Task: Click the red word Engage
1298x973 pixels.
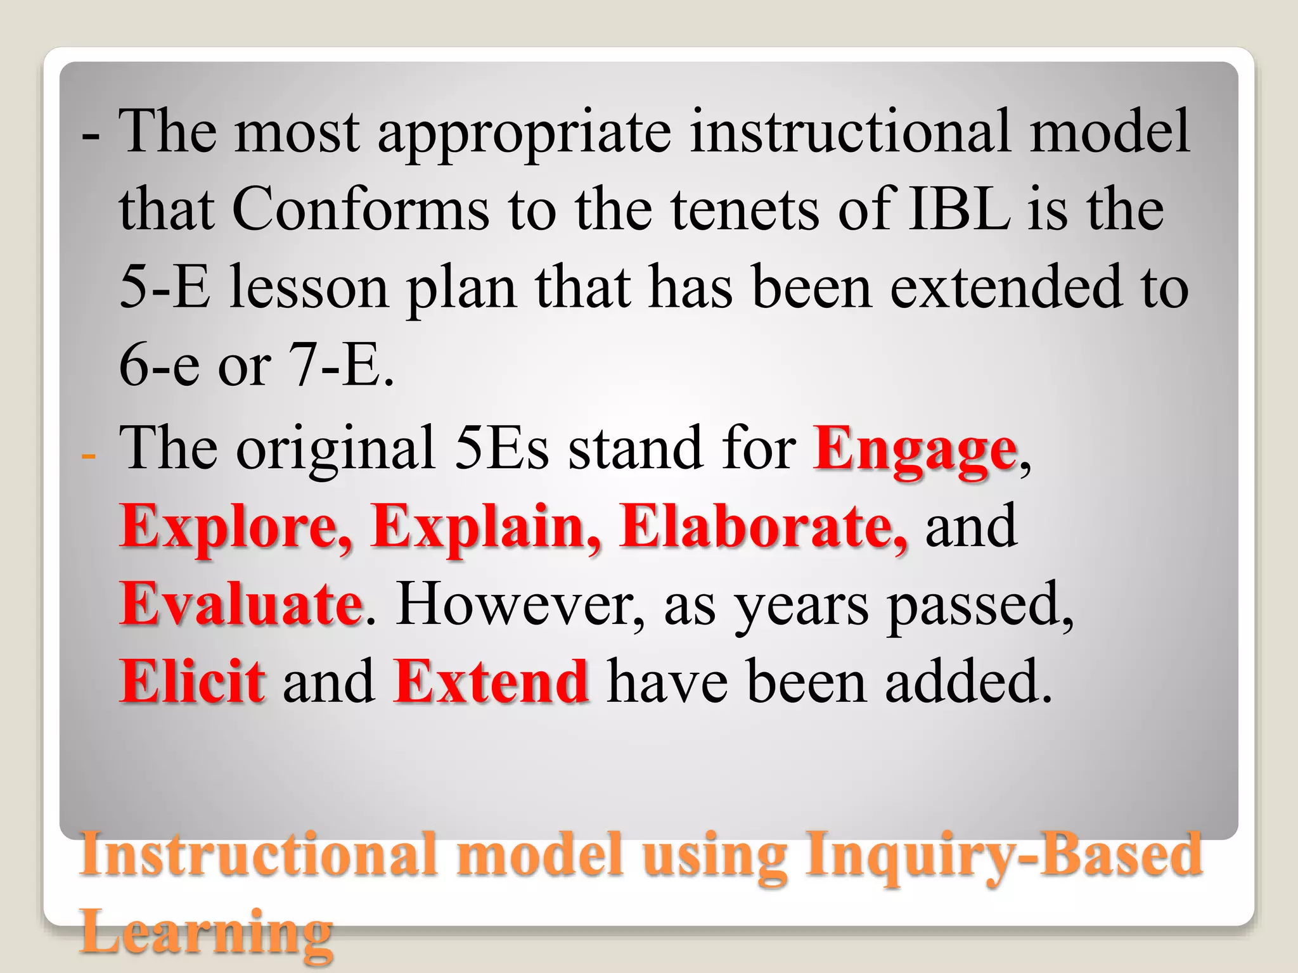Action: [915, 451]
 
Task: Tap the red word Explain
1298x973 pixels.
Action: [485, 527]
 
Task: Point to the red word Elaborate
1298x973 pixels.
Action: [763, 527]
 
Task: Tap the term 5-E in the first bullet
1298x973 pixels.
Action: [164, 288]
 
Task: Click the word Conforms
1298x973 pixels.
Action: [360, 209]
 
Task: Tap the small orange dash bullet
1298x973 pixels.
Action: [89, 455]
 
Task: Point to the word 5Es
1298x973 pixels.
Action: [501, 448]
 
